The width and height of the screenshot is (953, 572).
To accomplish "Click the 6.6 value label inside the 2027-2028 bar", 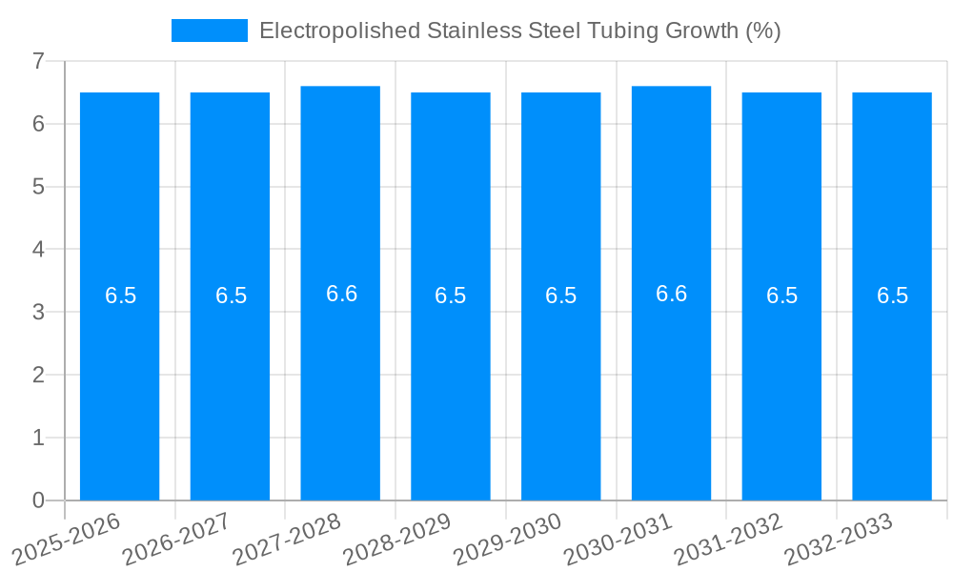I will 341,294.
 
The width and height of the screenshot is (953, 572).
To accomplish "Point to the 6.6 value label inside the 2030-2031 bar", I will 672,294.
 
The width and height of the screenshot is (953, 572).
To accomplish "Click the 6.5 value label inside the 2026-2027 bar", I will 231,296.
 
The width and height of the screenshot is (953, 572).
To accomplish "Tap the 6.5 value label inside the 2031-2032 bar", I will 781,296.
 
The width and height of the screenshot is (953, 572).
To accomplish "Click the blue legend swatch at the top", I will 209,31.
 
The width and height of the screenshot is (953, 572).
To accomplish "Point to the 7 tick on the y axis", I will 38,61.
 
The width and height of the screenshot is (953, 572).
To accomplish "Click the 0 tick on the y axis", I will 38,500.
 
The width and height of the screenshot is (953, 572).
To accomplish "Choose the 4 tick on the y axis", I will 38,250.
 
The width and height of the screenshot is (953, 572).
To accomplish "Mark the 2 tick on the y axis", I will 38,375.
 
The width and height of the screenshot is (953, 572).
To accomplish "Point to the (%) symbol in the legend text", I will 763,31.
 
